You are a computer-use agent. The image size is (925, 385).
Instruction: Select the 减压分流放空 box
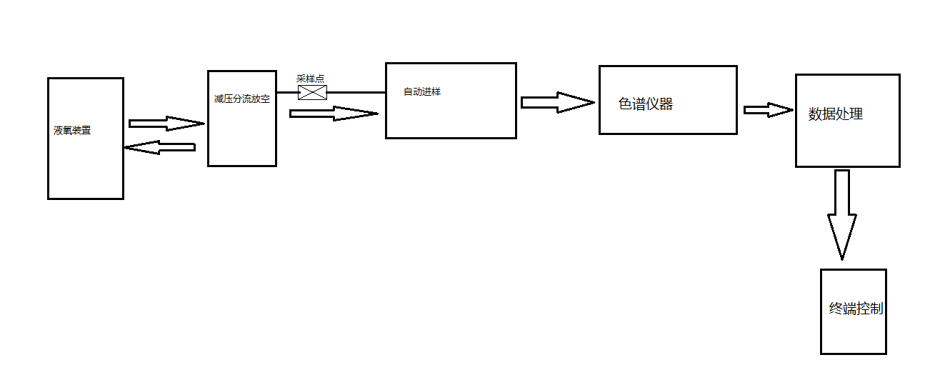click(x=241, y=136)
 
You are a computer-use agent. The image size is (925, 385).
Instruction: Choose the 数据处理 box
click(x=847, y=139)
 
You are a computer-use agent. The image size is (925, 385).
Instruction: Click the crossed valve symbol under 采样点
click(x=312, y=93)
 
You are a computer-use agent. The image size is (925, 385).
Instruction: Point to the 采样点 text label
click(x=311, y=79)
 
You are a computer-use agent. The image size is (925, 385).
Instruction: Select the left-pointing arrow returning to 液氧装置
click(x=160, y=147)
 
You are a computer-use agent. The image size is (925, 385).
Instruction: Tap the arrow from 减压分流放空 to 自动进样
click(x=333, y=113)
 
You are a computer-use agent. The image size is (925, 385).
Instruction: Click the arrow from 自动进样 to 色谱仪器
click(x=557, y=102)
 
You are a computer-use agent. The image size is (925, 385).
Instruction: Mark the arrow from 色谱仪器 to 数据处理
click(x=768, y=110)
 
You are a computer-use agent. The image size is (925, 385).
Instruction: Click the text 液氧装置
click(x=72, y=131)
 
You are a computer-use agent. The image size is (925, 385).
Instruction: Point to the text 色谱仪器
click(x=646, y=104)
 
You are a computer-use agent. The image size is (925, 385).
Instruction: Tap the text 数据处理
click(x=836, y=114)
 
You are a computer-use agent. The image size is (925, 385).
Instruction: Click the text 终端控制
click(x=856, y=309)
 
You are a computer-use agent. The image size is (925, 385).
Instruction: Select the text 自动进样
click(x=422, y=91)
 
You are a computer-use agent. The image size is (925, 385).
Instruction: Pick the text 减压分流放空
click(x=241, y=99)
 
